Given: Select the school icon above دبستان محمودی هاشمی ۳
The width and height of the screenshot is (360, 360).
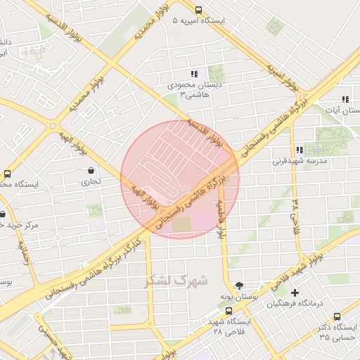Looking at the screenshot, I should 194,74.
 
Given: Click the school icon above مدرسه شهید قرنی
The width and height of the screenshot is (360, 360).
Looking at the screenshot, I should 300,150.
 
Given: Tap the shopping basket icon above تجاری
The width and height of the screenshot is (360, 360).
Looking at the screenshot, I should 91,170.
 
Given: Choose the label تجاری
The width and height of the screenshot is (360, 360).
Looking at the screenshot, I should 92,182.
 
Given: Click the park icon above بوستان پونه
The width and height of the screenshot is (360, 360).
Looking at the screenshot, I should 239,285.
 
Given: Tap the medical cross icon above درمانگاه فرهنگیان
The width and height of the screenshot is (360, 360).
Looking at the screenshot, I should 295,292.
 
